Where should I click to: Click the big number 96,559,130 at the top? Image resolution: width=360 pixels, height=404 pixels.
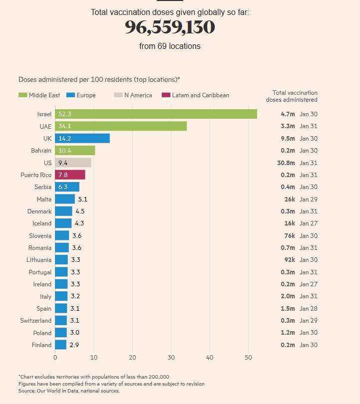[170, 28]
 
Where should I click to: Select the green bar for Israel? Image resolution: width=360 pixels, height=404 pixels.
[156, 114]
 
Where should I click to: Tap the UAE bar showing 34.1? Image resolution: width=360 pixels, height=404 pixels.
[121, 126]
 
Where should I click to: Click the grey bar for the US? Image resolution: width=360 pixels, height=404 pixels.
[73, 163]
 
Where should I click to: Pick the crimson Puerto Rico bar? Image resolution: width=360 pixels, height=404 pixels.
[70, 175]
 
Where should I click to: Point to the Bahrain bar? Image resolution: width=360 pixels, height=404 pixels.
[75, 151]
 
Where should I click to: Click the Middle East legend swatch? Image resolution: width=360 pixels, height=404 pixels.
[22, 95]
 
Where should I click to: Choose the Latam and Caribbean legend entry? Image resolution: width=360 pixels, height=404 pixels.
[195, 95]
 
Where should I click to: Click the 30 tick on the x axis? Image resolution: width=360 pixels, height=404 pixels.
[171, 358]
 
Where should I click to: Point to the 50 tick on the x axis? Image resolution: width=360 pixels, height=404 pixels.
[248, 358]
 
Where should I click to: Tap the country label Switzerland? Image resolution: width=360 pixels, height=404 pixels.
[36, 321]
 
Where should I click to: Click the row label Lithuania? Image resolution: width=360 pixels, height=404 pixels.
[39, 260]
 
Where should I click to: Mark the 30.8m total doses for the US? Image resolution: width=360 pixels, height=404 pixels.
[287, 163]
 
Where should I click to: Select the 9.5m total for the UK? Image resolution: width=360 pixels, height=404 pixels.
[288, 139]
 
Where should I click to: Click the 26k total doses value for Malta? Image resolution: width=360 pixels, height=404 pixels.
[290, 199]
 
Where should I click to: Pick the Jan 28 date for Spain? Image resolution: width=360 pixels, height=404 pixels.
[309, 309]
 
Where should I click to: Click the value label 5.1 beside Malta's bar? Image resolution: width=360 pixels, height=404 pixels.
[82, 199]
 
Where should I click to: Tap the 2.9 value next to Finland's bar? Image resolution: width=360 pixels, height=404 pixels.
[74, 345]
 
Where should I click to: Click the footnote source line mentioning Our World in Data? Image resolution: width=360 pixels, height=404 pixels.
[69, 391]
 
